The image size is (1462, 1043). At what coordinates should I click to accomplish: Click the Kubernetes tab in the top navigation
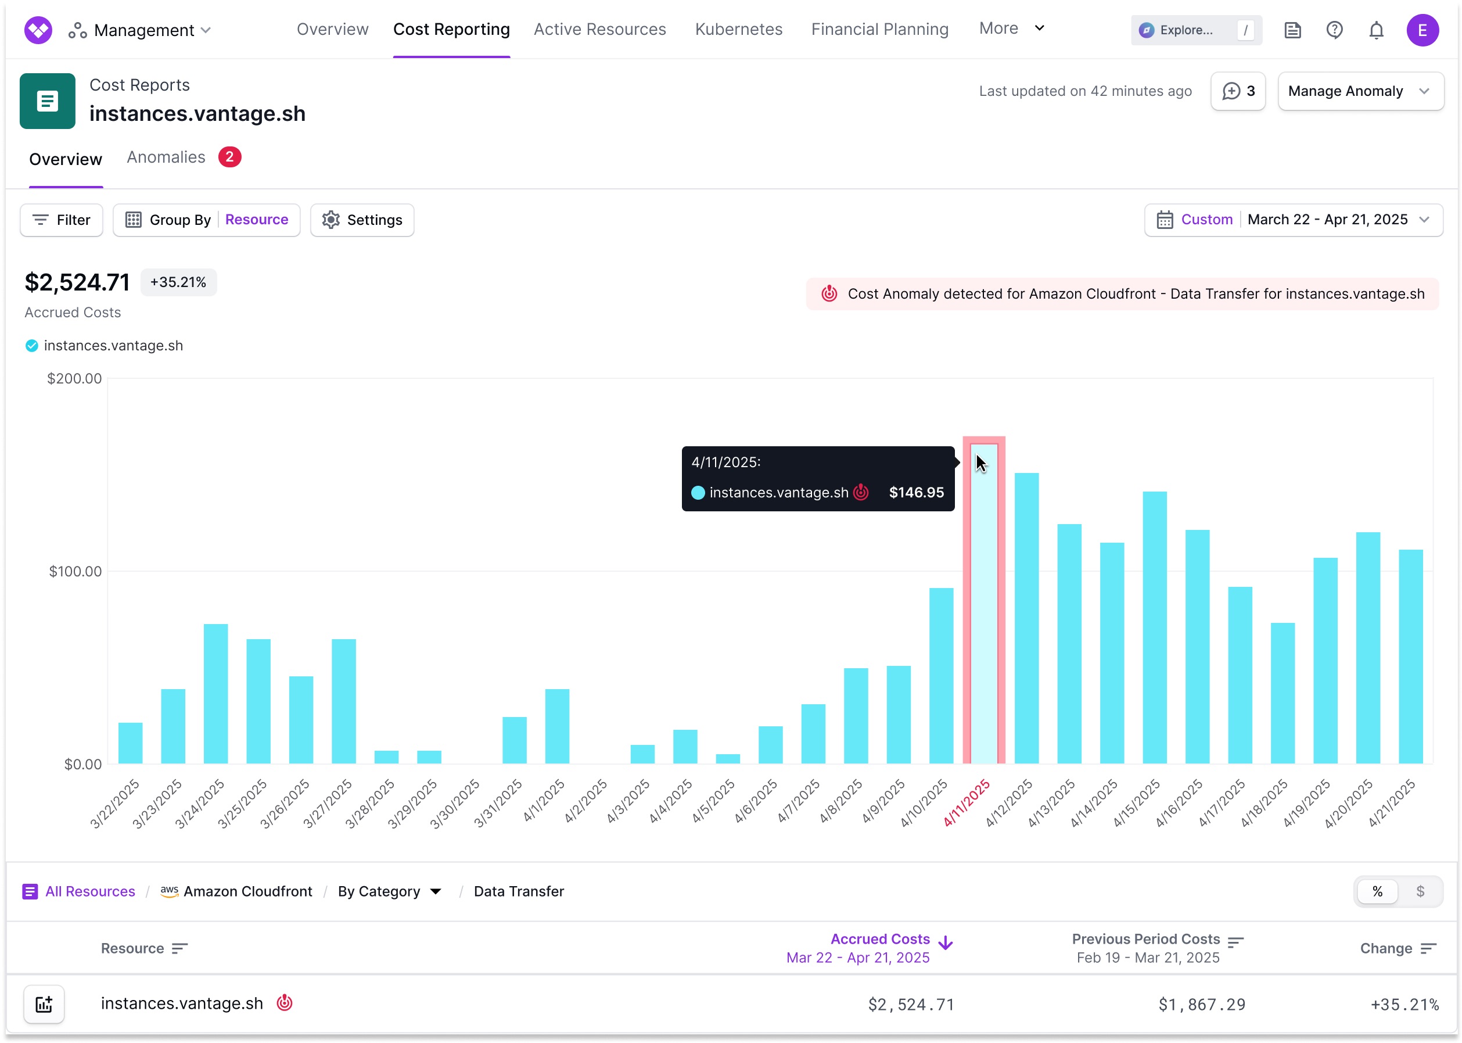pyautogui.click(x=738, y=30)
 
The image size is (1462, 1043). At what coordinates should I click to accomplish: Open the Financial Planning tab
pyautogui.click(x=879, y=30)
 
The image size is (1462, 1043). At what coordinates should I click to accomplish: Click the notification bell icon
pyautogui.click(x=1375, y=30)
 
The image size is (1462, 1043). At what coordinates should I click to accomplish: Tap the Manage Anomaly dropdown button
pyautogui.click(x=1360, y=91)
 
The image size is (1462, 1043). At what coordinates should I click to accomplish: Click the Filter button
pyautogui.click(x=62, y=220)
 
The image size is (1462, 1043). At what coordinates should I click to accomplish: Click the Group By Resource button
pyautogui.click(x=206, y=220)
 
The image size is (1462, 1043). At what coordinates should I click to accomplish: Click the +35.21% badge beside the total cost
pyautogui.click(x=178, y=282)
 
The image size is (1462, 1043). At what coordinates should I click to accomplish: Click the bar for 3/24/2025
pyautogui.click(x=215, y=694)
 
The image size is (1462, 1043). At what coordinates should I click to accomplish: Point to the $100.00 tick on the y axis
pyautogui.click(x=75, y=572)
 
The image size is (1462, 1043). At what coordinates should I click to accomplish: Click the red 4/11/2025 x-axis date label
pyautogui.click(x=967, y=804)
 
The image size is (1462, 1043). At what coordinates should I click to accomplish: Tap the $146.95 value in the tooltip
pyautogui.click(x=915, y=493)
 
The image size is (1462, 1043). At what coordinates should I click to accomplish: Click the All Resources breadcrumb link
pyautogui.click(x=89, y=891)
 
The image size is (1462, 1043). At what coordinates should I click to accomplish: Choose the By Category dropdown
pyautogui.click(x=389, y=891)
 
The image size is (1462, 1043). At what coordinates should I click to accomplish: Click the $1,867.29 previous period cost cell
pyautogui.click(x=1201, y=1005)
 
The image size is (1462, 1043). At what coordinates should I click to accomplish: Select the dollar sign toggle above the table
pyautogui.click(x=1420, y=891)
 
